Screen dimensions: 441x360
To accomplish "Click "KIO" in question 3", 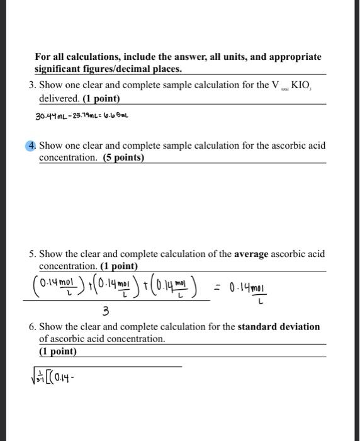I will (x=301, y=86).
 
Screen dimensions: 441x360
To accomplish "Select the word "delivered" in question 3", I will (x=59, y=99).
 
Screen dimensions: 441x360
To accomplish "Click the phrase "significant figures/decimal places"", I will (x=108, y=69).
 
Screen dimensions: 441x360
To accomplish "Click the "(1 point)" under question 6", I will (x=58, y=351).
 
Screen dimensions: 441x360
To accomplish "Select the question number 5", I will (x=31, y=254).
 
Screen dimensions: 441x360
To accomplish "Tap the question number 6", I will (x=31, y=327).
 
